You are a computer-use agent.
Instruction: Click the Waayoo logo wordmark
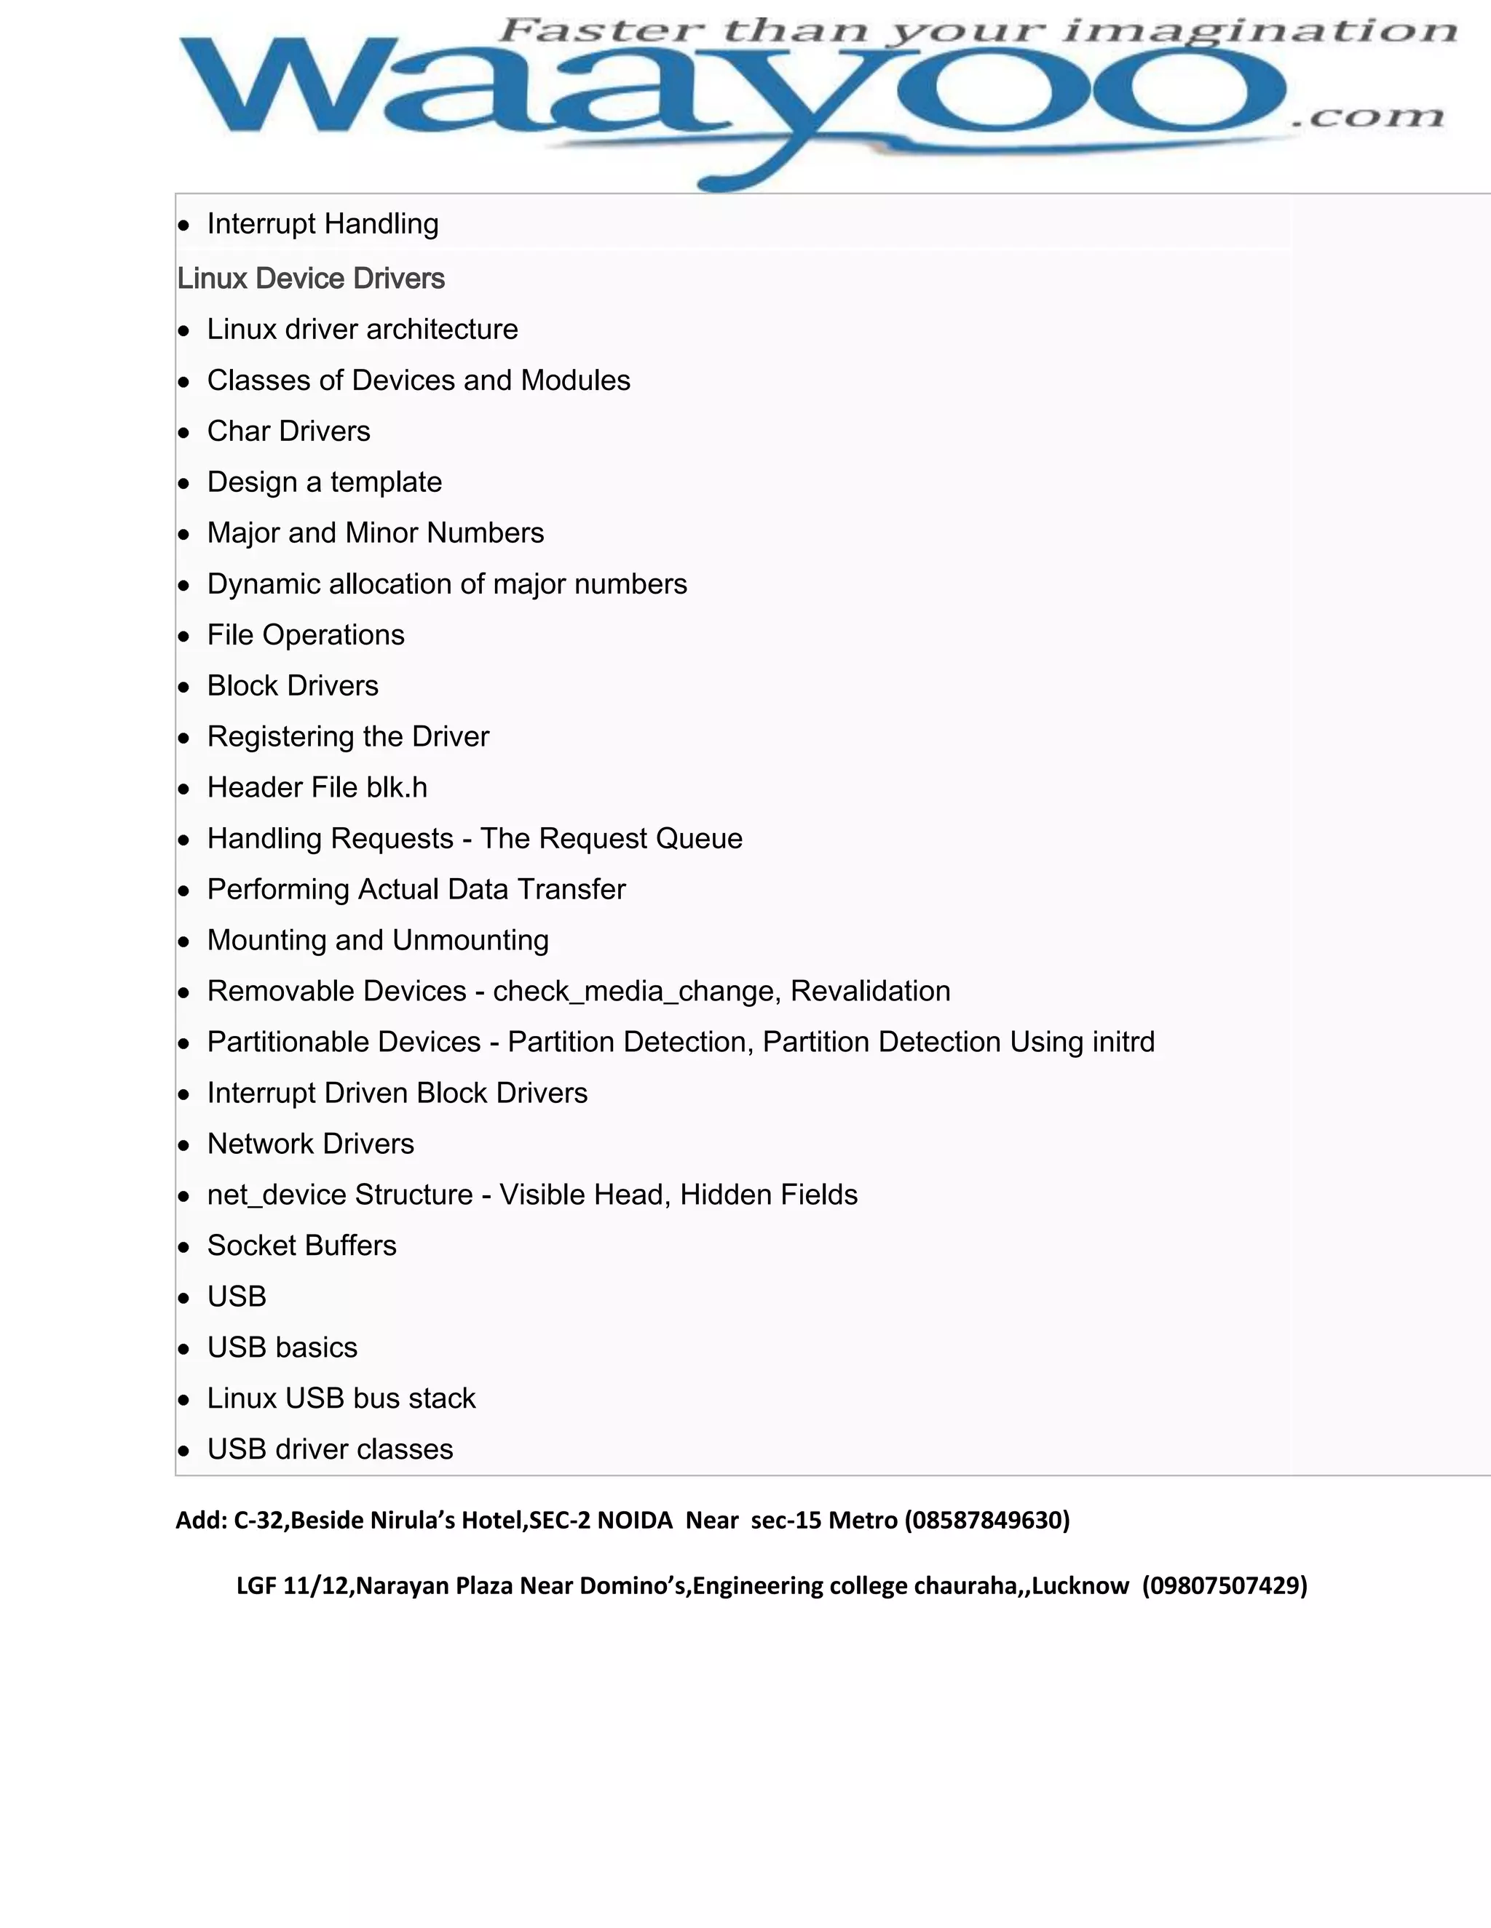tap(733, 97)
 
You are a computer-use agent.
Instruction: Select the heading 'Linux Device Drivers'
tap(311, 279)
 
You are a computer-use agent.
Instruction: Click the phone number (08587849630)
tap(987, 1520)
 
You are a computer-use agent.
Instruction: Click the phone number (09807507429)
tap(1225, 1586)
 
